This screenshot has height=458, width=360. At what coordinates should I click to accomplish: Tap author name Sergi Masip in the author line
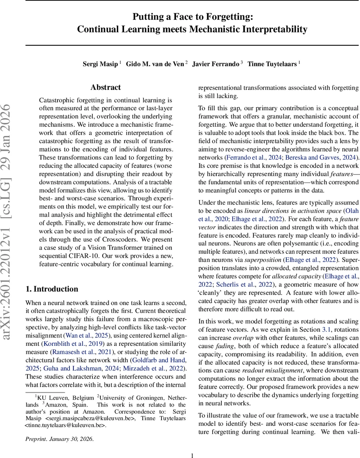[x=100, y=64]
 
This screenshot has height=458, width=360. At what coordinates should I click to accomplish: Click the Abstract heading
[x=105, y=87]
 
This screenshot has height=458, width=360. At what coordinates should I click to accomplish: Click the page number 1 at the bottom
[x=192, y=455]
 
